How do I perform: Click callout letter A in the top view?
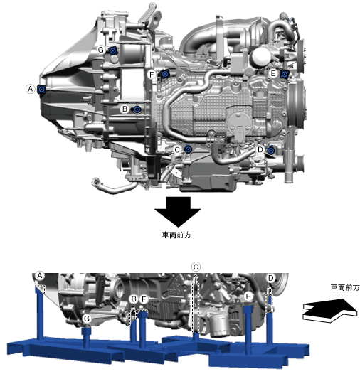31,89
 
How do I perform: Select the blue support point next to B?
137,109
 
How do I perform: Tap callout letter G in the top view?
101,50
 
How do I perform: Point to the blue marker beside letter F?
164,74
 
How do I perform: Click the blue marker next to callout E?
285,74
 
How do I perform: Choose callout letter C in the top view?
177,150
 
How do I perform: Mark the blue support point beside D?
271,151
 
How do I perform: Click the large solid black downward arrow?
178,212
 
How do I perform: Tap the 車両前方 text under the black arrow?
176,235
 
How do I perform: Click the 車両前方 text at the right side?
345,287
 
